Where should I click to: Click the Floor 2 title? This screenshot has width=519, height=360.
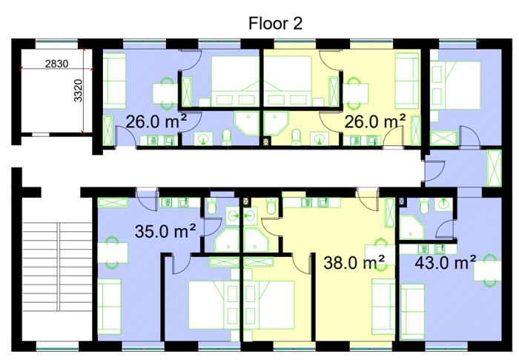tap(275, 24)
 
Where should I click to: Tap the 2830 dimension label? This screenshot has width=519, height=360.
tap(56, 64)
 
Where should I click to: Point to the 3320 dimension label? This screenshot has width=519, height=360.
tap(78, 90)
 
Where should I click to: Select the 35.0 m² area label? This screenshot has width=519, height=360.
tap(165, 230)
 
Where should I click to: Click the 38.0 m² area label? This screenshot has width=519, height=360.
tap(354, 262)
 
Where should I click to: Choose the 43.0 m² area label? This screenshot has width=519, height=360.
tap(445, 261)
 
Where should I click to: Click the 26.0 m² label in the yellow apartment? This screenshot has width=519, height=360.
tap(375, 121)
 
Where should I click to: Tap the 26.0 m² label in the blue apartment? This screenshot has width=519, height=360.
tap(156, 121)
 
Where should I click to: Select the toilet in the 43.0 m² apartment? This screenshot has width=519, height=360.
tap(424, 206)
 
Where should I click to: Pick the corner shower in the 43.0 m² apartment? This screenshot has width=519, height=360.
tap(411, 227)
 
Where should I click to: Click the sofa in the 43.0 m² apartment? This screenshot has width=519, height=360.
tap(412, 311)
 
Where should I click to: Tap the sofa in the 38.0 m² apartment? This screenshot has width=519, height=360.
tap(383, 307)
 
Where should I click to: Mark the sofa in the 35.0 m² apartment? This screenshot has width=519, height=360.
tap(109, 307)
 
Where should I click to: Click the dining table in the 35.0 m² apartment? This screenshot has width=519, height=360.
tap(113, 253)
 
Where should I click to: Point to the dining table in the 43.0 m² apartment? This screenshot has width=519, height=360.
tap(487, 270)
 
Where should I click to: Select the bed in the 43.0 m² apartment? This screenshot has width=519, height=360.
tap(455, 85)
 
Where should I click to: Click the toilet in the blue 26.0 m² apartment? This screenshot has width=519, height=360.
tap(227, 137)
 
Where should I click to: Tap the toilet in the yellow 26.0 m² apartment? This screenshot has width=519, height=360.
tap(296, 137)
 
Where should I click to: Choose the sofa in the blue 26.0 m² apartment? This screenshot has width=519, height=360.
tap(114, 81)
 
